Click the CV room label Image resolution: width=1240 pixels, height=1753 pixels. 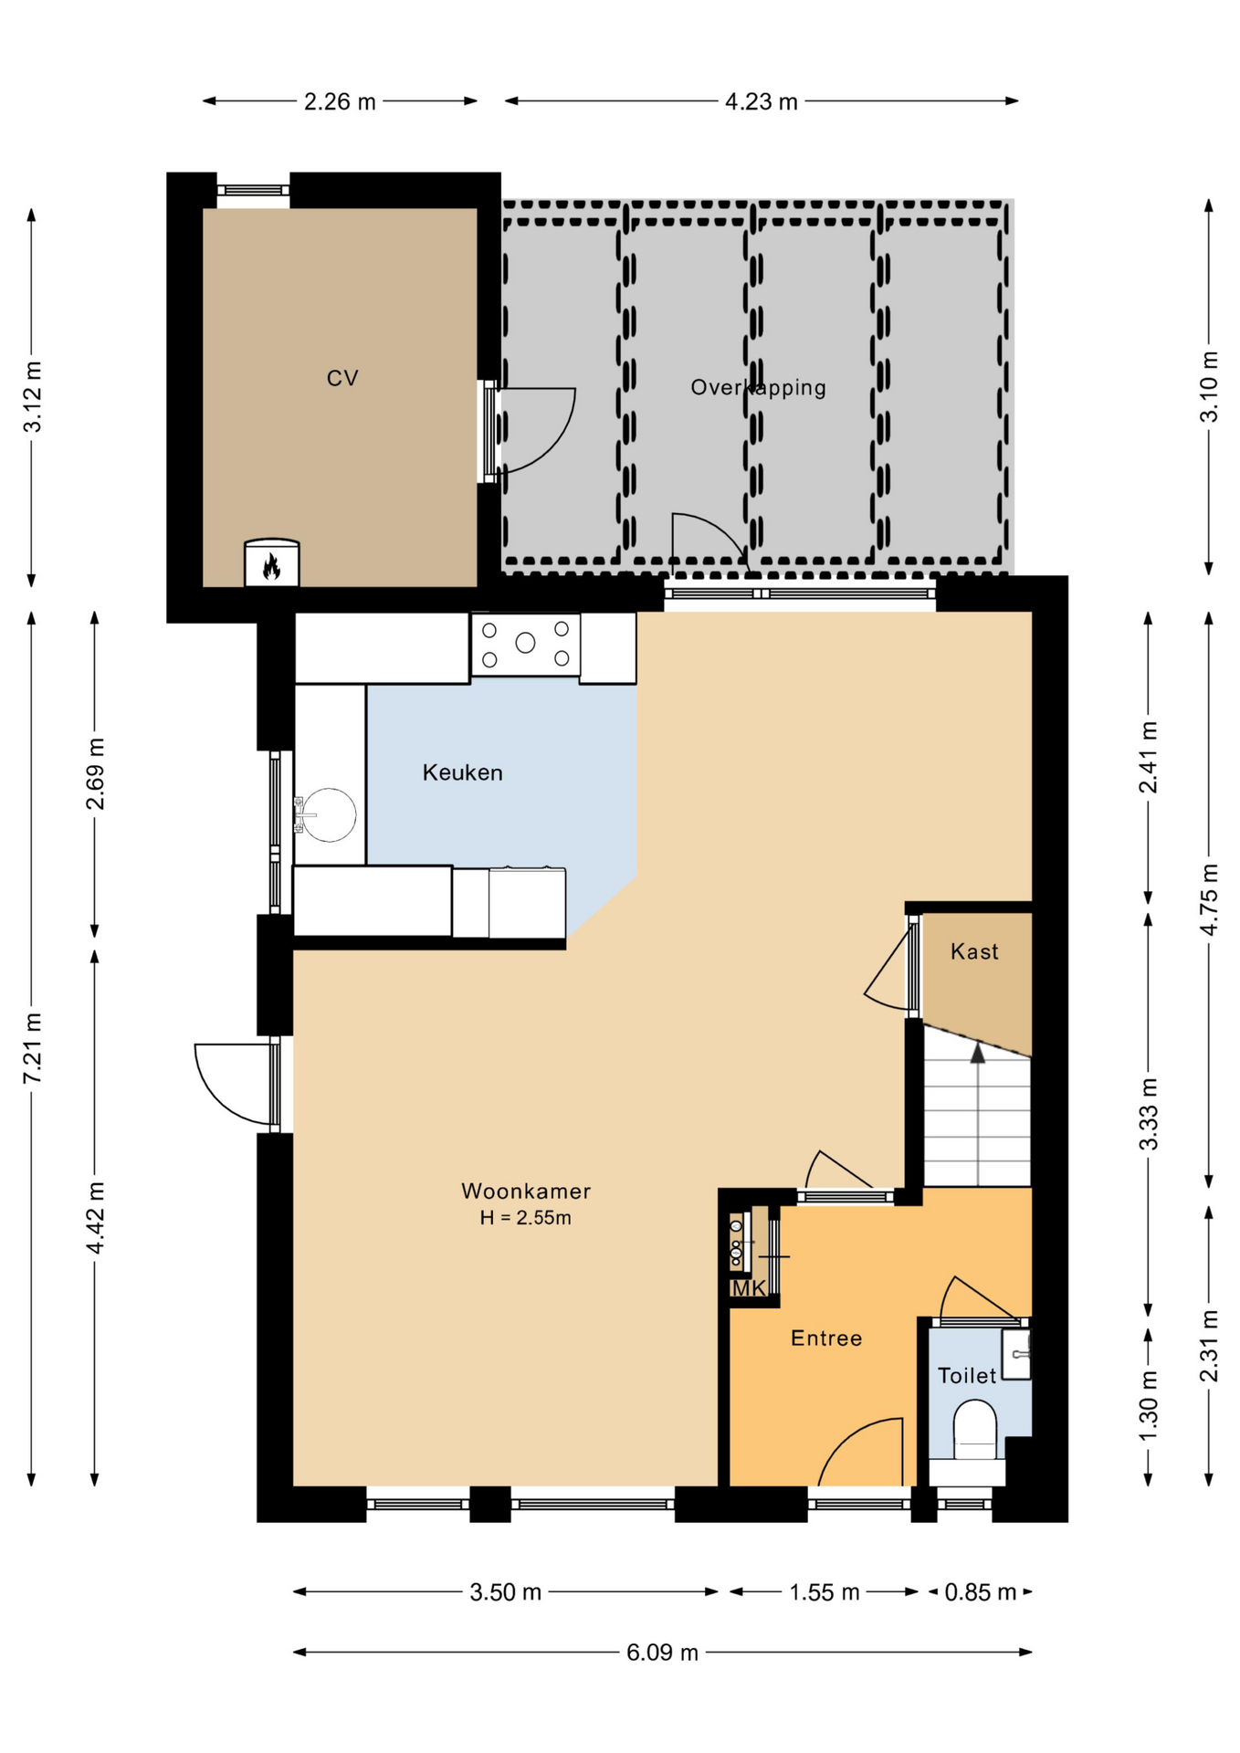tap(342, 378)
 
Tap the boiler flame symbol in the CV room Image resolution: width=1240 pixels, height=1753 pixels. tap(271, 567)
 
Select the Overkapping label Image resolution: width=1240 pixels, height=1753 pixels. tap(758, 387)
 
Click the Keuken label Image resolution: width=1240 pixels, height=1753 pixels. tap(462, 772)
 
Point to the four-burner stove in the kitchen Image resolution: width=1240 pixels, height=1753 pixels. tap(525, 644)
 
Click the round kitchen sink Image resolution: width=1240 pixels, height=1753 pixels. tap(328, 814)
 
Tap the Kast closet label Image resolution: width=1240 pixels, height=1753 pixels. tap(974, 951)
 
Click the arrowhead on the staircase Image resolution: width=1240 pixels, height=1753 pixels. tap(978, 1054)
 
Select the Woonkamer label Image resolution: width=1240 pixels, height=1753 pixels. tap(526, 1191)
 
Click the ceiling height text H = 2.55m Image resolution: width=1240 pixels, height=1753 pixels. tap(526, 1217)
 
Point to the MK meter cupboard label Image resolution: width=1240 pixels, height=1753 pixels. tap(749, 1288)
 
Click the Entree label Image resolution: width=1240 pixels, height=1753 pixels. tap(826, 1338)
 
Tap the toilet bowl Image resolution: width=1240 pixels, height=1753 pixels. tap(975, 1431)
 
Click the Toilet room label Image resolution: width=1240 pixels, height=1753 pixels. tap(967, 1375)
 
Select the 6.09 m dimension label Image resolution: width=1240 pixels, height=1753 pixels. tap(662, 1652)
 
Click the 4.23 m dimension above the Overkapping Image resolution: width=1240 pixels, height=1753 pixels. tap(761, 101)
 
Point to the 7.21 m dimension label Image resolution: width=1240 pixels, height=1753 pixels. tap(32, 1048)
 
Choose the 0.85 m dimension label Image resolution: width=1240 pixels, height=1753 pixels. tap(980, 1592)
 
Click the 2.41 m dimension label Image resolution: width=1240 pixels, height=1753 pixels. tap(1149, 757)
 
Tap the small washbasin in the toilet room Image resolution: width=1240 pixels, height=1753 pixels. tap(1016, 1354)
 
